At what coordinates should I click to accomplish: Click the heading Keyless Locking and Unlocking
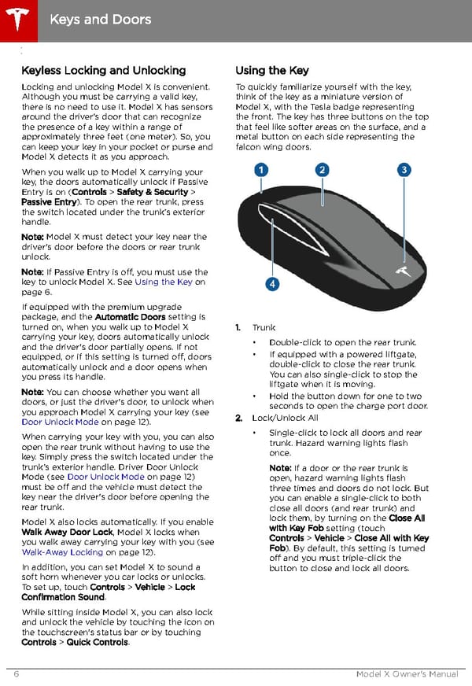(x=103, y=71)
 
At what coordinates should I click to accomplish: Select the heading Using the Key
(x=271, y=71)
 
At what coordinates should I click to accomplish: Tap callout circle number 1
(x=260, y=170)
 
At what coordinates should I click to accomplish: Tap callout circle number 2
(x=322, y=170)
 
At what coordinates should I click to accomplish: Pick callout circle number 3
(x=404, y=170)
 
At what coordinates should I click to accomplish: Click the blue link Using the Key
(x=164, y=282)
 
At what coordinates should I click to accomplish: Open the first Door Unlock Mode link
(x=60, y=422)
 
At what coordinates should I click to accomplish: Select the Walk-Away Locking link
(x=62, y=552)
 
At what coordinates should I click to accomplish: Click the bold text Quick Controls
(x=97, y=642)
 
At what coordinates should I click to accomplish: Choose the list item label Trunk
(x=264, y=327)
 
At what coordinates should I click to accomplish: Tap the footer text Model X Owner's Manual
(x=407, y=674)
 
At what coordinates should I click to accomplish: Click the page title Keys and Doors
(x=100, y=18)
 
